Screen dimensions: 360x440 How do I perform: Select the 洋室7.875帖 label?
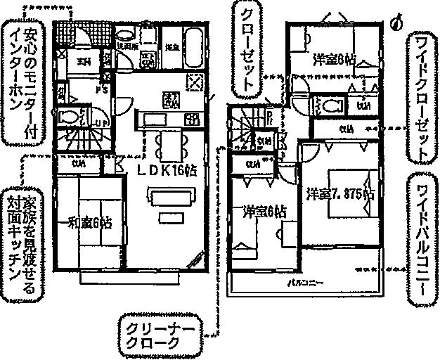(339, 191)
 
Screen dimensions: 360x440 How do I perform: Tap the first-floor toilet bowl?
(70, 117)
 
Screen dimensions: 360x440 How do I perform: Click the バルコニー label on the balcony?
(304, 283)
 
